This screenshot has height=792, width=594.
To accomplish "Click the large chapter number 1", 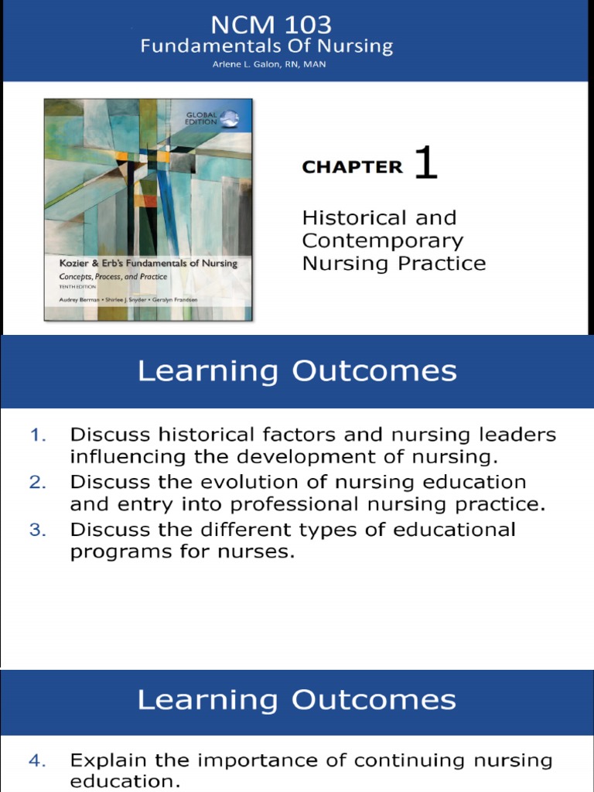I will pyautogui.click(x=425, y=164).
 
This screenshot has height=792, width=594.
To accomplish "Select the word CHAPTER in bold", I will pyautogui.click(x=353, y=167).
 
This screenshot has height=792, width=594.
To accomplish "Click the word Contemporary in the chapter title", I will pyautogui.click(x=383, y=241).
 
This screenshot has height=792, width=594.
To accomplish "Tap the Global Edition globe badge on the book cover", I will pyautogui.click(x=229, y=118).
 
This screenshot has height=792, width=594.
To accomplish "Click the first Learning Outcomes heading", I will pyautogui.click(x=297, y=371).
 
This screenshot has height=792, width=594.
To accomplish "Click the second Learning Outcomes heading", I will pyautogui.click(x=297, y=700).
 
